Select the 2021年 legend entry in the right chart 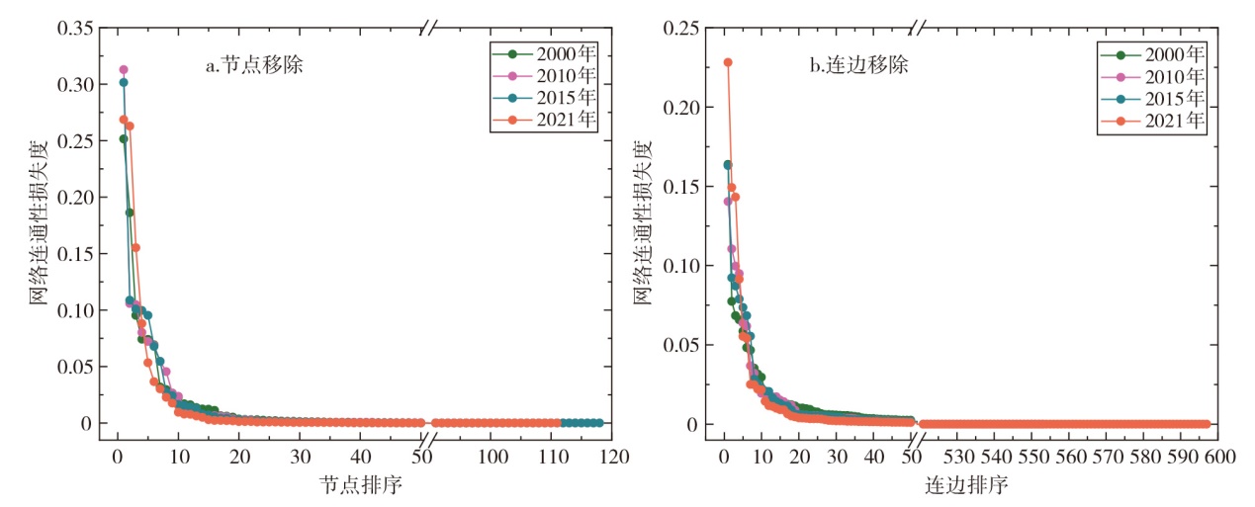click(1170, 121)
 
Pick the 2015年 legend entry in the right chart click(1170, 98)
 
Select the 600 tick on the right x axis click(1217, 459)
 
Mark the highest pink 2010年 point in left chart click(124, 70)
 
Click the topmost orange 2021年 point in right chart click(728, 62)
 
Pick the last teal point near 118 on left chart click(598, 423)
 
